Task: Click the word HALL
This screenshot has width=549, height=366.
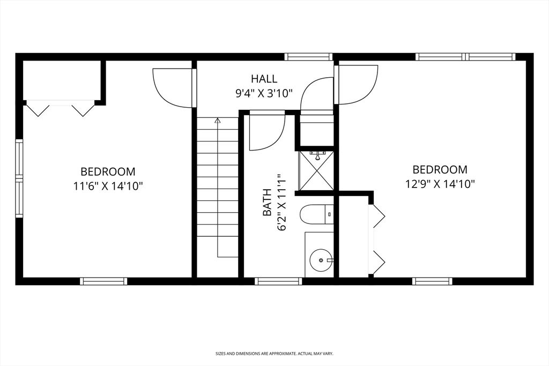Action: coord(264,79)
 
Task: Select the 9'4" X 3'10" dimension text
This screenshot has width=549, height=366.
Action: coord(264,93)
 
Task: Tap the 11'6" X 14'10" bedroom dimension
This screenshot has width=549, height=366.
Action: coord(108,185)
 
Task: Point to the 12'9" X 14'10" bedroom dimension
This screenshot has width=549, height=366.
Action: coord(440,183)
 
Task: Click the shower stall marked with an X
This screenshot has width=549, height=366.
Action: coord(316,170)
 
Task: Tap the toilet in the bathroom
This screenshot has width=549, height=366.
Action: coord(316,215)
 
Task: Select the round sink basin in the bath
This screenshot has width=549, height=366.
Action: coord(320,260)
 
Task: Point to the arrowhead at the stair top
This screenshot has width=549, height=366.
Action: coord(217,121)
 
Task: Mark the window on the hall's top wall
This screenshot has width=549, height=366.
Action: coord(308,57)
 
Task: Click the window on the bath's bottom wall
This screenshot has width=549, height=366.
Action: coord(278,281)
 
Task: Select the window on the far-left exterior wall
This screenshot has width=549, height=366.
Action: coord(19,178)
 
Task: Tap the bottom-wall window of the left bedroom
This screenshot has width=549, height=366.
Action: coord(103,281)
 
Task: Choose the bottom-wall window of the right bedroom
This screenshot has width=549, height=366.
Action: coord(432,281)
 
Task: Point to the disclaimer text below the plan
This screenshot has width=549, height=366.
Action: coord(274,354)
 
